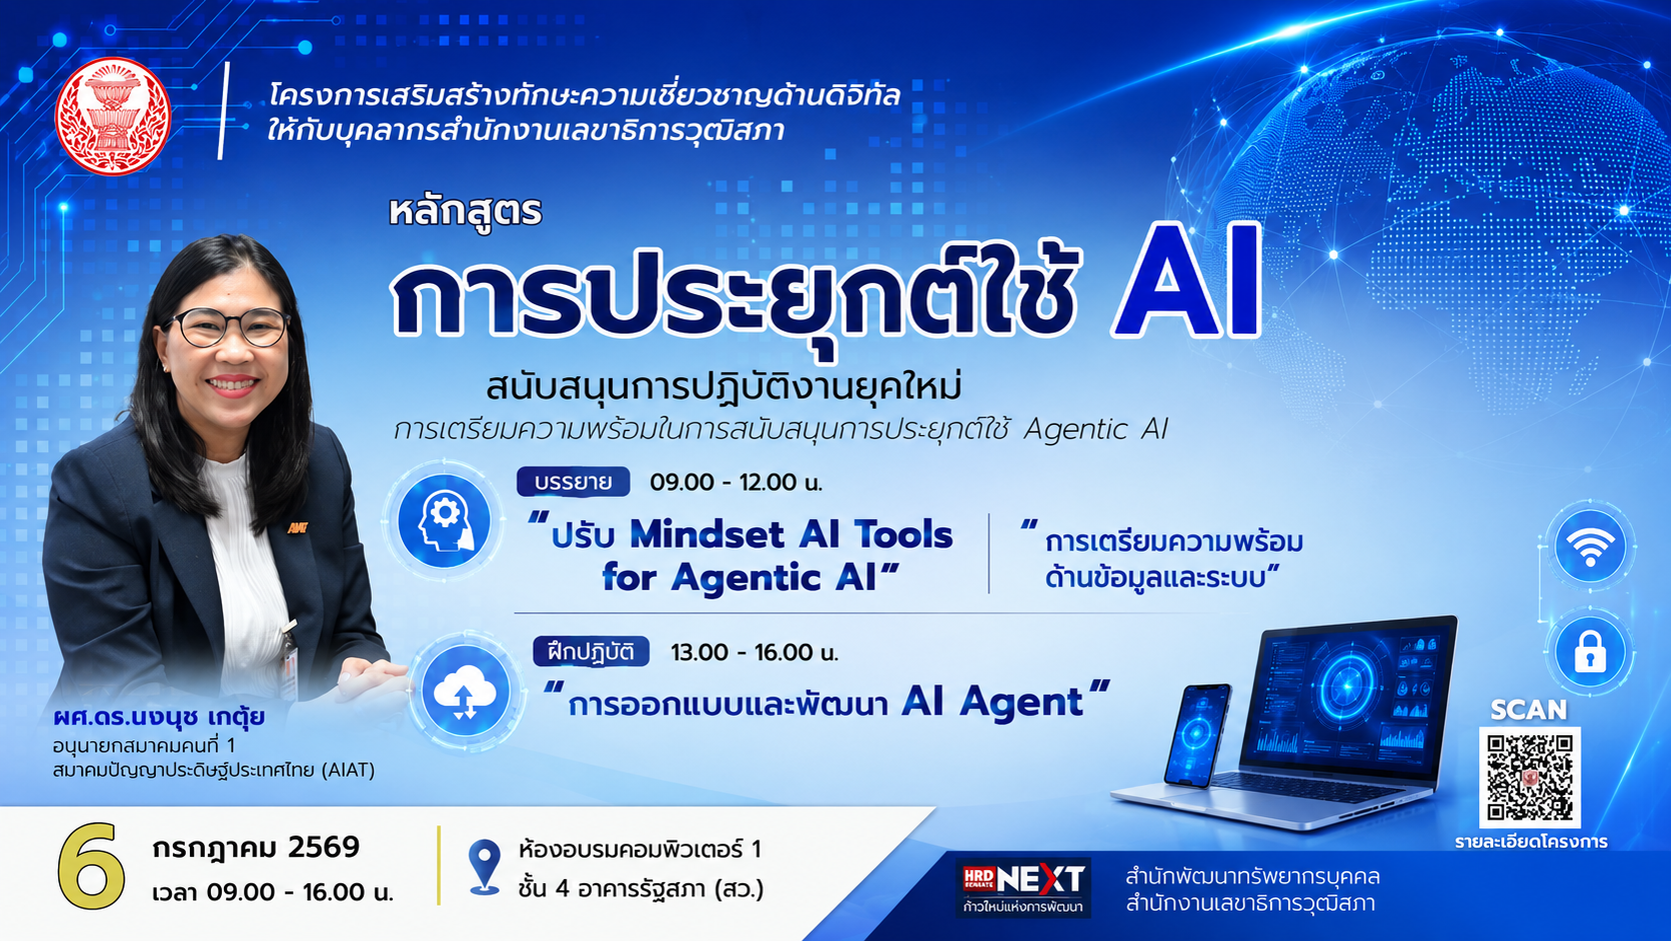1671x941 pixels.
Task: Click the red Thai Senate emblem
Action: [x=113, y=116]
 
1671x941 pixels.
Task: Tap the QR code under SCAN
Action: [x=1529, y=777]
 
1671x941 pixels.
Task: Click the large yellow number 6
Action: [x=91, y=866]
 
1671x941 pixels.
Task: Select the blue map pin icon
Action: [x=484, y=866]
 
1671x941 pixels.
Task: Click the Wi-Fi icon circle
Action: [x=1590, y=545]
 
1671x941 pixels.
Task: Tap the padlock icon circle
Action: [x=1590, y=651]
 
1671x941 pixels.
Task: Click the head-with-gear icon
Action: [x=445, y=520]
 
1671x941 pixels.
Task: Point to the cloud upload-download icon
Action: [x=465, y=692]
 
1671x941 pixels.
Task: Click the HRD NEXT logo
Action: [x=1022, y=887]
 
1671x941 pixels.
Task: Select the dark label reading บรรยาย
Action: [x=573, y=482]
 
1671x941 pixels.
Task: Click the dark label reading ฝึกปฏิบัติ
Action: [x=591, y=651]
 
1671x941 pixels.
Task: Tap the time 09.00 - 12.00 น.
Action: [x=736, y=483]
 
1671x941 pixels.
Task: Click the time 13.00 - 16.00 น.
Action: [x=755, y=653]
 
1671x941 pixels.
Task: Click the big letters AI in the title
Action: [x=1186, y=280]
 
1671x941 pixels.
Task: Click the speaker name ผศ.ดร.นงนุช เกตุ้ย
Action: [x=159, y=718]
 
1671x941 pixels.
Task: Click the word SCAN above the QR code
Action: [x=1528, y=710]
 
